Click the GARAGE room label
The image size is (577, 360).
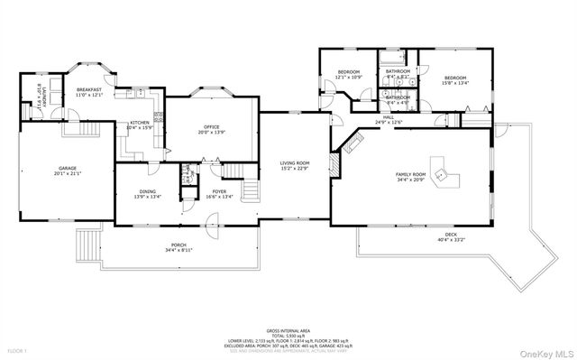68,168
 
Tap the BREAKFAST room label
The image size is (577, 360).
88,90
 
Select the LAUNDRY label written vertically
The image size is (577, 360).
41,97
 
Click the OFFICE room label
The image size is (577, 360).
212,127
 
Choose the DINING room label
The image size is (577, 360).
149,191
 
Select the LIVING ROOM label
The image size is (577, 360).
295,163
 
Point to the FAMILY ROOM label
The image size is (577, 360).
410,174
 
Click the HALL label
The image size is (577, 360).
389,117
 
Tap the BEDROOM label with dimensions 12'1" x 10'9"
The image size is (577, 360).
349,72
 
